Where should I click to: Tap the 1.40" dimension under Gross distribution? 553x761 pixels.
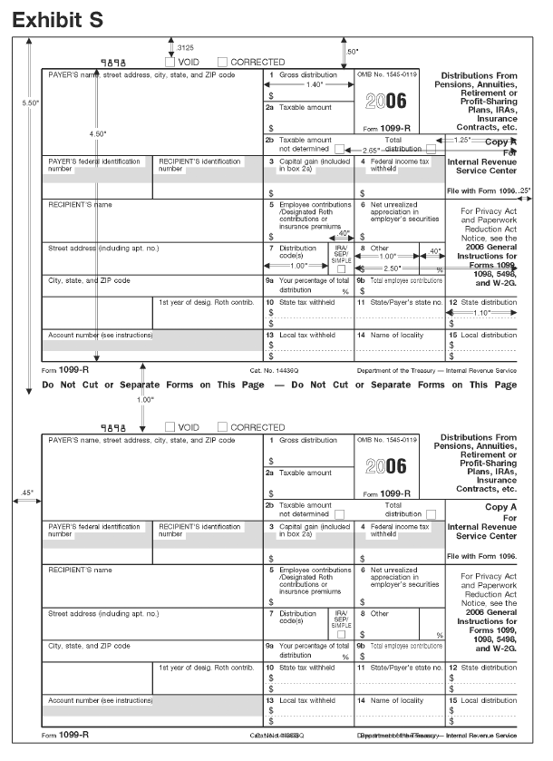coord(314,83)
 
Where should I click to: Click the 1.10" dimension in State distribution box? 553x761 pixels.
coord(481,312)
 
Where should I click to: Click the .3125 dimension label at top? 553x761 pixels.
coord(185,46)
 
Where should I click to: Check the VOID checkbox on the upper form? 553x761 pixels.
coord(170,62)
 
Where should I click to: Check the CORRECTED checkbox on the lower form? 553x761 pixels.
coord(223,426)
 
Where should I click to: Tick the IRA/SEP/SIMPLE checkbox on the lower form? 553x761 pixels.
coord(341,634)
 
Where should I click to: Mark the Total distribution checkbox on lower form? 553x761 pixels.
coord(431,513)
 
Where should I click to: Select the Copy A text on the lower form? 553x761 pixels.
coord(500,507)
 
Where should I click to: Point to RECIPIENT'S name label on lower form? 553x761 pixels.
coord(80,571)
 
